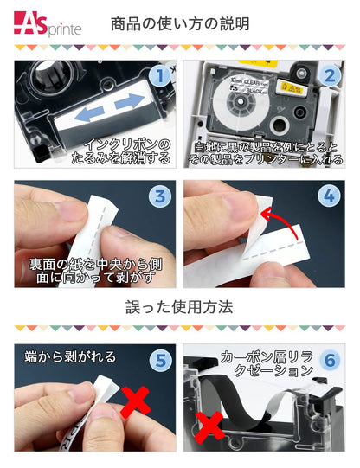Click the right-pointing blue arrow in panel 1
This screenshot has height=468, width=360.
click(127, 104)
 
